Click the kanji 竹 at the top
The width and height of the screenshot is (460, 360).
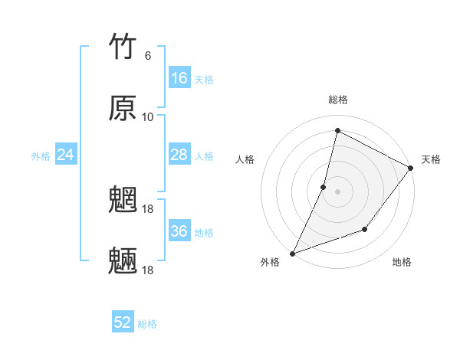pos(123,47)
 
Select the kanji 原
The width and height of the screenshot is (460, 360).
pos(123,108)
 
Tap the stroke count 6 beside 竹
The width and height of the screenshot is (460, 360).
pos(148,56)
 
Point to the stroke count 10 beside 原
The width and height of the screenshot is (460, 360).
pos(148,116)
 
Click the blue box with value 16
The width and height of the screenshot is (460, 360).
pos(179,78)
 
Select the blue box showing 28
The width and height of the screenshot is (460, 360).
pos(179,155)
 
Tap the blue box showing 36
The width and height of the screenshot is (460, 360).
pos(179,231)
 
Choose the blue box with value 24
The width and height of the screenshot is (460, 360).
pos(66,155)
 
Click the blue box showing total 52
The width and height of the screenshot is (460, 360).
pos(123,322)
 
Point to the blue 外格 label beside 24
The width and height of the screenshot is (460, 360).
pos(41,156)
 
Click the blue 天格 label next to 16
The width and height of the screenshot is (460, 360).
pos(204,80)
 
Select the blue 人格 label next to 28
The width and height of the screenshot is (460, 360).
pos(204,156)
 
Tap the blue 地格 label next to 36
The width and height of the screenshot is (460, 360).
pos(204,233)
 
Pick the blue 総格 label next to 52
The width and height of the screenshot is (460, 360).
pos(147,324)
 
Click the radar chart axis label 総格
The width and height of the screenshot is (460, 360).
pos(338,100)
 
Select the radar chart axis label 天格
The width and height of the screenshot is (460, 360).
pos(431,159)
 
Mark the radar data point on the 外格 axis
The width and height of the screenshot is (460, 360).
pos(292,254)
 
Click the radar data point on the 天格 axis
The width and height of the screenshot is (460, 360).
pos(411,169)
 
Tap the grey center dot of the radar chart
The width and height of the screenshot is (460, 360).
pos(337,191)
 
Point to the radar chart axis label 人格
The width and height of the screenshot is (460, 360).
pos(245,159)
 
